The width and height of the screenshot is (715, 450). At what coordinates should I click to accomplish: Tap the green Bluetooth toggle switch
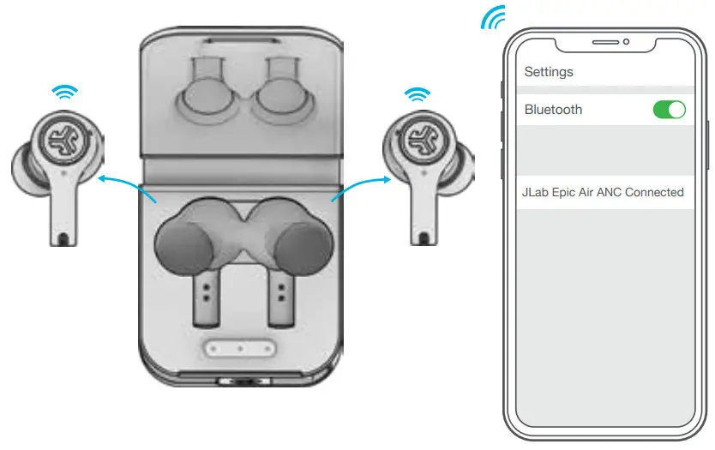click(670, 110)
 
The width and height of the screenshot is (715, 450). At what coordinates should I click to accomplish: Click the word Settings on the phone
click(549, 72)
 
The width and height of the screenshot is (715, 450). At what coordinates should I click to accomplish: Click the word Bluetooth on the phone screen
click(553, 110)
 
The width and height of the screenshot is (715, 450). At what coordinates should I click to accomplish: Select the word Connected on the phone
click(654, 192)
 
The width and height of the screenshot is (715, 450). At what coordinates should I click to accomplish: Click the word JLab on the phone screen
click(537, 192)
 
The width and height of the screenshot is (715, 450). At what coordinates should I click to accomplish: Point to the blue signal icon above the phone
click(493, 17)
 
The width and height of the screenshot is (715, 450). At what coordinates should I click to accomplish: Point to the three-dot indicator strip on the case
click(241, 349)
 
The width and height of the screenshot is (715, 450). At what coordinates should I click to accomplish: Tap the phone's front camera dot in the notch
click(626, 41)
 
